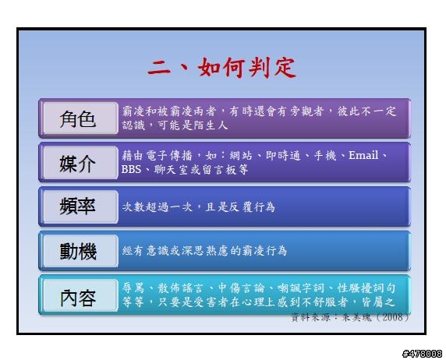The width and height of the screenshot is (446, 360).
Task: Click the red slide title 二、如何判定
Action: [x=221, y=67]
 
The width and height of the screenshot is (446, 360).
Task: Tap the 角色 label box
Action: [x=80, y=118]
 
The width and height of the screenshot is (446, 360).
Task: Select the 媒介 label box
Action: [x=80, y=163]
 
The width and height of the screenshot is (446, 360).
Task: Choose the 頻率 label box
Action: [x=80, y=206]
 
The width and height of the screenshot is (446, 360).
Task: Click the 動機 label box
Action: [x=80, y=251]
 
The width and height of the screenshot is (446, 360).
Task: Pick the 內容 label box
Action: [x=80, y=295]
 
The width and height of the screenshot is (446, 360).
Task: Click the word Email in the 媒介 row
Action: [x=363, y=155]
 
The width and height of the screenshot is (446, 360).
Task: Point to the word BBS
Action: [x=131, y=169]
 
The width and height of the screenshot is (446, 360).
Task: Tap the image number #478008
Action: [x=422, y=354]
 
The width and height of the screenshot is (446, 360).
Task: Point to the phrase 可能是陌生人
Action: [x=193, y=125]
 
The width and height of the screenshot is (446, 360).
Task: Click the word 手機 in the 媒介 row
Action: [x=325, y=156]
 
